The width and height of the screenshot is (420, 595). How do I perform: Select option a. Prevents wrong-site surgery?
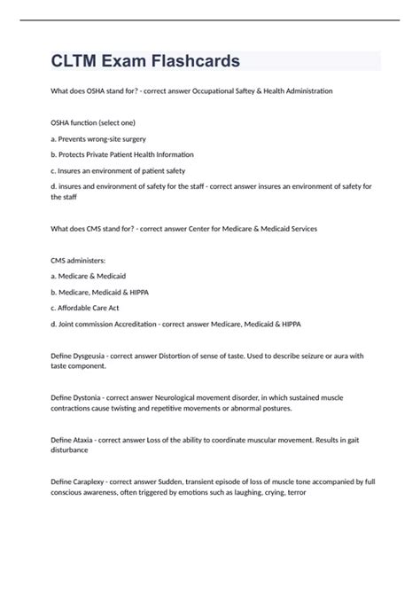coord(98,139)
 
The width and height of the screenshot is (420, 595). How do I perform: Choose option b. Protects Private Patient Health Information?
coord(122,154)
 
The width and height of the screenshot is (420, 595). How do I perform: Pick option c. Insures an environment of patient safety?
coord(118,170)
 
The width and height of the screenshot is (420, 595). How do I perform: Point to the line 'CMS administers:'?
coord(79,261)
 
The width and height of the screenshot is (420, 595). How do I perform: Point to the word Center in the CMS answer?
coord(208,229)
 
